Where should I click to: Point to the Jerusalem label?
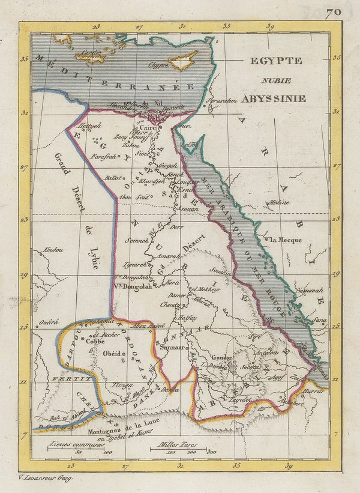click(219, 100)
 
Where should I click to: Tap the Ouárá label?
click(48, 322)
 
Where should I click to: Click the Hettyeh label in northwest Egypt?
click(90, 126)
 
